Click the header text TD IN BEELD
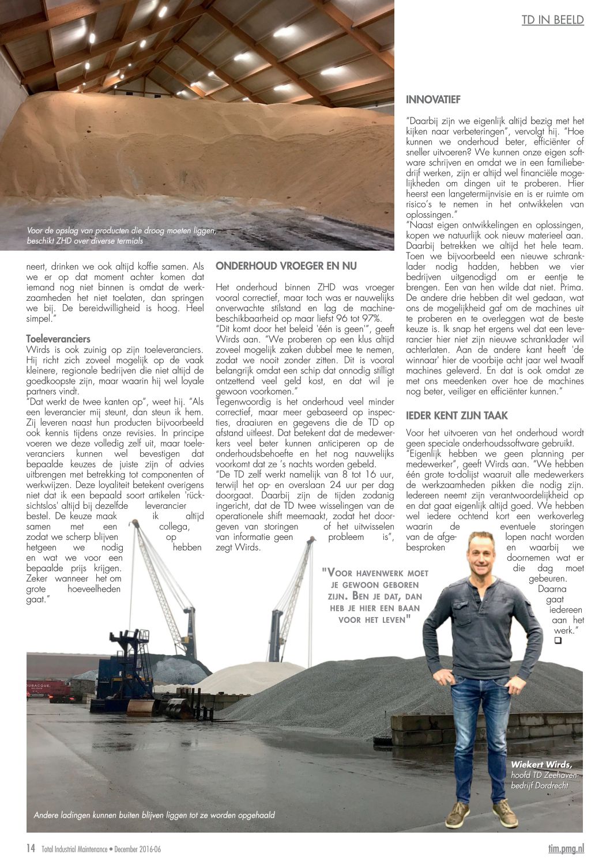pos(552,20)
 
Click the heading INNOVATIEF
pos(433,100)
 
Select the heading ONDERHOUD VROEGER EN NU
pos(286,266)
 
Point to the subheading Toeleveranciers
pos(58,339)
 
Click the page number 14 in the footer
pos(31,848)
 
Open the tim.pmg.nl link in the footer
pos(566,848)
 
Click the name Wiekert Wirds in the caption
pos(541,765)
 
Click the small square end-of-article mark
pos(558,640)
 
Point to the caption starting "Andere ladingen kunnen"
pos(154,815)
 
